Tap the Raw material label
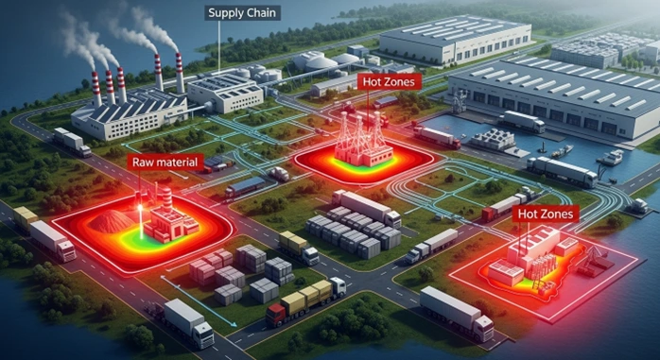(x=165, y=163)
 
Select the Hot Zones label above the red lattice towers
(x=388, y=81)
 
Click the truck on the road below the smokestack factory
(x=71, y=141)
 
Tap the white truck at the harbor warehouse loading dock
(x=521, y=120)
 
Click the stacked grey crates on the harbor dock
(x=492, y=139)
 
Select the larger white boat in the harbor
(x=611, y=157)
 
